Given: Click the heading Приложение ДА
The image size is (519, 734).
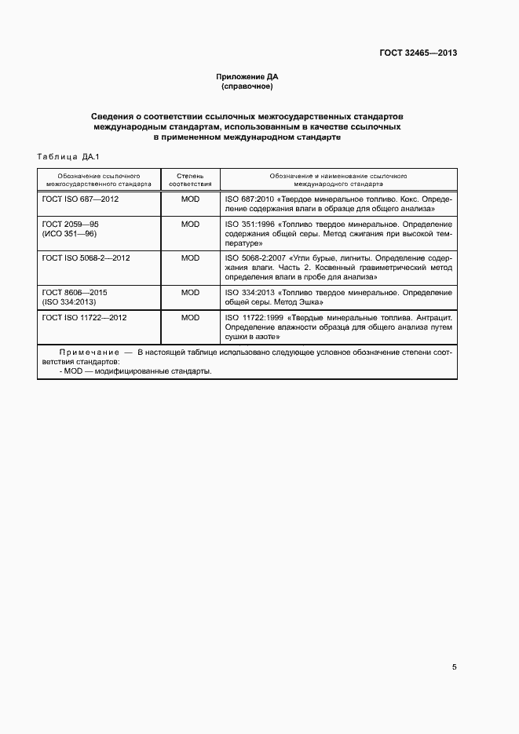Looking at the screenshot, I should coord(247,77).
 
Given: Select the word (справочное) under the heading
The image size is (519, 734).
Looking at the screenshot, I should coord(247,86).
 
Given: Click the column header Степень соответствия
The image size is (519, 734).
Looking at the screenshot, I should coord(190,181).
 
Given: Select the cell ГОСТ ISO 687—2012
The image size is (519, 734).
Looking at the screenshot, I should coord(80,199).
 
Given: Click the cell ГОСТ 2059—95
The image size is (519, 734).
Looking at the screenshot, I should coord(70,224).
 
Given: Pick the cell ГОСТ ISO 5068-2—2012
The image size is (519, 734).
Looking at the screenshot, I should coord(86,257).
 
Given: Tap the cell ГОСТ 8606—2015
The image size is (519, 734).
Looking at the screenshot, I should coord(75,292).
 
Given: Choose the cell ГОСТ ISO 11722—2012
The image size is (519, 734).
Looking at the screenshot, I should coord(84,317).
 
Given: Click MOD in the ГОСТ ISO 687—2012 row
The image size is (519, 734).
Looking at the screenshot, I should coord(190,199).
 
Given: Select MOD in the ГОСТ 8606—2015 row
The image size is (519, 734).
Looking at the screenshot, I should coord(190,292).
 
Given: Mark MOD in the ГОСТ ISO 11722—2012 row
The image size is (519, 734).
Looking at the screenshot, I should coord(190,317).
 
